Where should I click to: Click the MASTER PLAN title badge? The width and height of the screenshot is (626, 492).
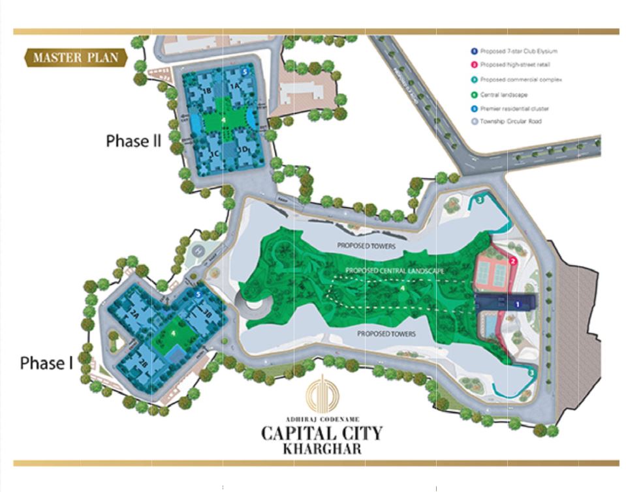(x=76, y=58)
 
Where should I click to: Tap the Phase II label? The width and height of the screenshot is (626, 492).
(x=133, y=141)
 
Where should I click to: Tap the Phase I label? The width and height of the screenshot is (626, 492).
(x=46, y=363)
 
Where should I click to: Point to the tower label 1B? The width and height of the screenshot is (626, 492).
(x=208, y=91)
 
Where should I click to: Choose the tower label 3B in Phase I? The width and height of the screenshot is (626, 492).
(x=207, y=313)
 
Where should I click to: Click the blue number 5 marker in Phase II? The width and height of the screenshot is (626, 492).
(x=244, y=72)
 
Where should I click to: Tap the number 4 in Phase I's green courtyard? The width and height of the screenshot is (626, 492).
(x=174, y=332)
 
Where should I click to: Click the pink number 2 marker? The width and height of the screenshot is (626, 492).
(x=513, y=261)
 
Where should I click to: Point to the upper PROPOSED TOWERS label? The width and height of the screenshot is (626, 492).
(x=366, y=246)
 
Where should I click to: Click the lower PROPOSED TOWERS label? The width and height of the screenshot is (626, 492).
(x=386, y=334)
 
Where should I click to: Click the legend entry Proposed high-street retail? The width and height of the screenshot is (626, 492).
(x=511, y=65)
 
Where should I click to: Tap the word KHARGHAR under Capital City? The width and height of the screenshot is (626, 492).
(x=322, y=448)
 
